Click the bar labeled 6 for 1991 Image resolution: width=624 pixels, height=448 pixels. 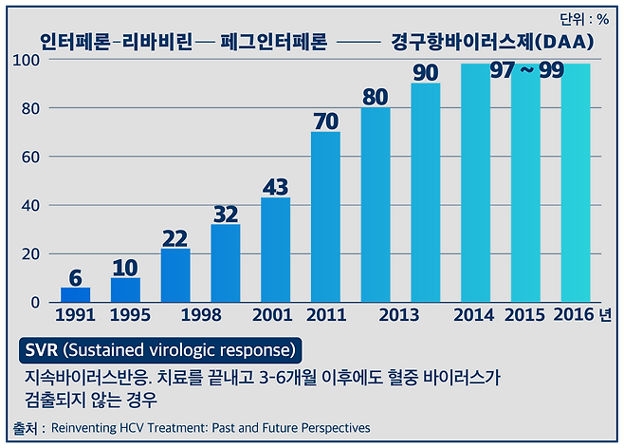(76, 294)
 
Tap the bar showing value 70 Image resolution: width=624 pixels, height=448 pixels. (325, 217)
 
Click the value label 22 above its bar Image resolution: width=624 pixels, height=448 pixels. (175, 237)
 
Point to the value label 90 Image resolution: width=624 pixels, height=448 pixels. (426, 72)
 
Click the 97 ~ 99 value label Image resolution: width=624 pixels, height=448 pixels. (527, 72)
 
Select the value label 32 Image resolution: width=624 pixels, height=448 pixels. (226, 214)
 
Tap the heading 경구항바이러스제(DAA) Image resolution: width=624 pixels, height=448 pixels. (492, 42)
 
